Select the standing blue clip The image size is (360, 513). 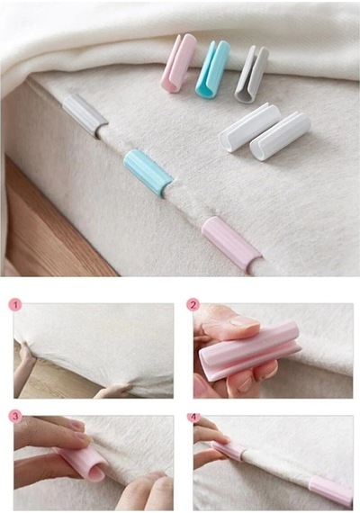pos(212,68)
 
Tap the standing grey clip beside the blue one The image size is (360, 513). pos(251,74)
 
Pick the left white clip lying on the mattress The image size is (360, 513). pos(249,128)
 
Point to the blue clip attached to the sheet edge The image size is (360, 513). pos(148,173)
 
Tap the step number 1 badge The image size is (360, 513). pos(15,306)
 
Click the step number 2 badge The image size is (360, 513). pos(193,305)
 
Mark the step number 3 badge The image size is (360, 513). pos(15,417)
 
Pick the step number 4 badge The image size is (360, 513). pos(194,417)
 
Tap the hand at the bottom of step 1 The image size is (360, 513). pos(112,391)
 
